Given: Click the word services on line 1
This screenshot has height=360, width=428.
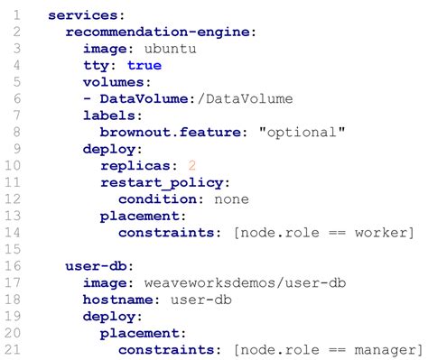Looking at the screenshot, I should click(81, 15).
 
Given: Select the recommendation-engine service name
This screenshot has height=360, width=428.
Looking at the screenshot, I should click(159, 32).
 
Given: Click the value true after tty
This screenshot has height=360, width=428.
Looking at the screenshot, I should click(144, 65).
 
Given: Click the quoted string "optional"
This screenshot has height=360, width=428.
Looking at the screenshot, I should click(302, 132).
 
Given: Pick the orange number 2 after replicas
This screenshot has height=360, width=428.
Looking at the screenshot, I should click(191, 166).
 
